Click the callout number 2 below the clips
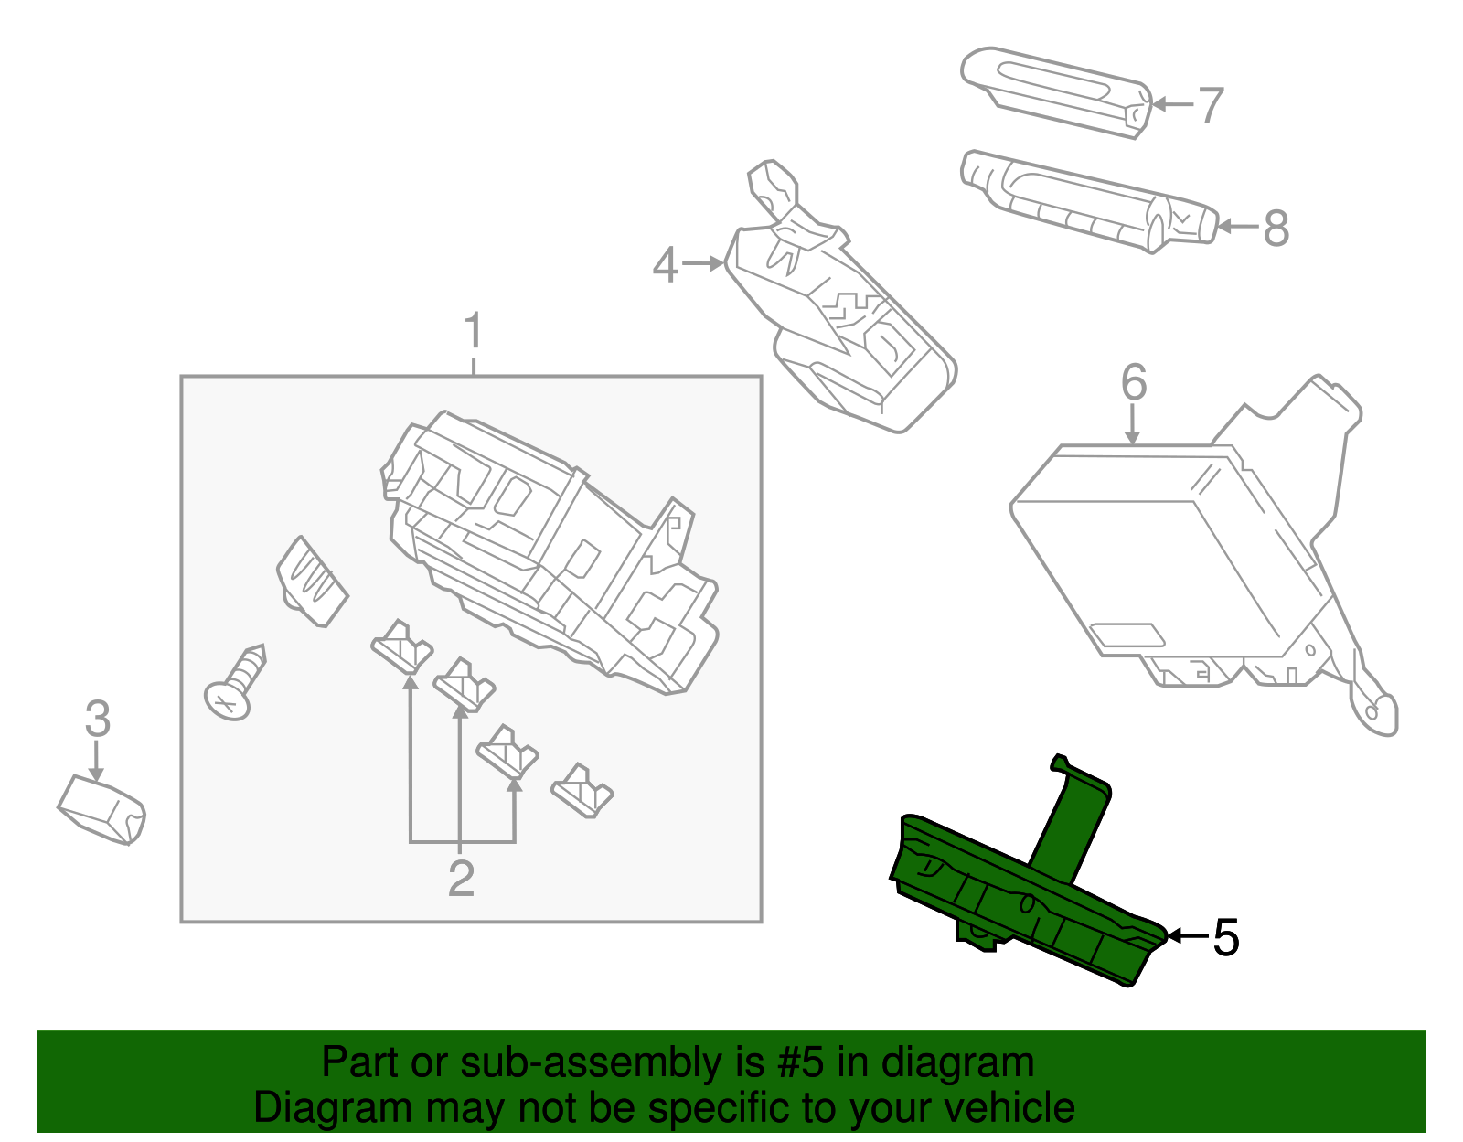[461, 879]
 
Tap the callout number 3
[97, 719]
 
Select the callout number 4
[665, 265]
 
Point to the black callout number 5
[1226, 937]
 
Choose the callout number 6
[1133, 382]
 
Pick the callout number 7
[1210, 105]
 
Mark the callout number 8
[1276, 228]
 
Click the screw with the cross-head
[236, 686]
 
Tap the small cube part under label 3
[101, 809]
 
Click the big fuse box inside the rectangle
[549, 549]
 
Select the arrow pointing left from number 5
[1187, 935]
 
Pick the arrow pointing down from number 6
[1132, 426]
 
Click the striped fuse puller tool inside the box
[311, 582]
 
